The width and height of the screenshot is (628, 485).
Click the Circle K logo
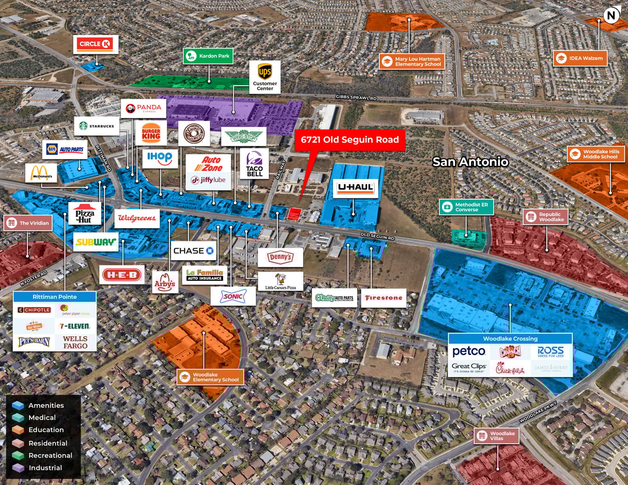95,44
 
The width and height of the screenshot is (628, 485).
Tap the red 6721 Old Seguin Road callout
350,140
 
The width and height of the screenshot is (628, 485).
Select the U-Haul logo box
356,188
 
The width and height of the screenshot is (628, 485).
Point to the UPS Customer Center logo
265,77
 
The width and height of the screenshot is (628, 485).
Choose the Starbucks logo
97,126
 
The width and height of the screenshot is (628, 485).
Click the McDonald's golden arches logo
42,173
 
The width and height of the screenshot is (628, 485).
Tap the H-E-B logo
122,275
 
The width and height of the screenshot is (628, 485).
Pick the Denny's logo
280,257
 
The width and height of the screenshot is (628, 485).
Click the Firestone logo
383,298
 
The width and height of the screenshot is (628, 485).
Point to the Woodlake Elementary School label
210,377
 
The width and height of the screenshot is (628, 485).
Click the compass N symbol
611,16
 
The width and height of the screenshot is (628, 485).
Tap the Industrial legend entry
45,468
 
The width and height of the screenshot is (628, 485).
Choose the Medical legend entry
42,418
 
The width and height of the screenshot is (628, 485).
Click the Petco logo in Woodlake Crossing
469,351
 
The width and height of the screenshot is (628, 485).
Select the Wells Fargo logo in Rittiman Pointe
75,342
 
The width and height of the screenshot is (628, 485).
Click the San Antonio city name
470,162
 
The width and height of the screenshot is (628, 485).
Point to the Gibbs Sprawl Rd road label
356,97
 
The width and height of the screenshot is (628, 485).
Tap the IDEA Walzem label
580,58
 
